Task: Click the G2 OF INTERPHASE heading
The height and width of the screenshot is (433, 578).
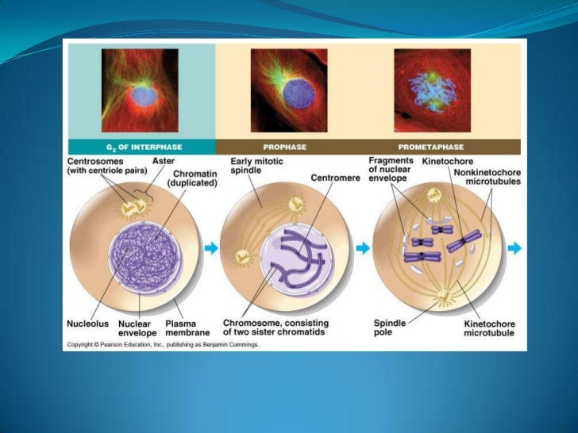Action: pyautogui.click(x=137, y=147)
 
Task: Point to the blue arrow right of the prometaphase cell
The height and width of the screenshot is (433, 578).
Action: pyautogui.click(x=514, y=248)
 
